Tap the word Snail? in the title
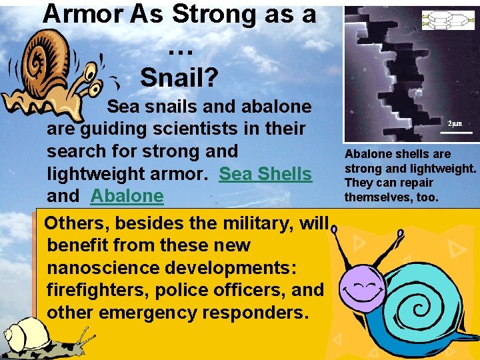179,78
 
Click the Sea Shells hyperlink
265,174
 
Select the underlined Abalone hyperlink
127,196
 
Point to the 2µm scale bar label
455,123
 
